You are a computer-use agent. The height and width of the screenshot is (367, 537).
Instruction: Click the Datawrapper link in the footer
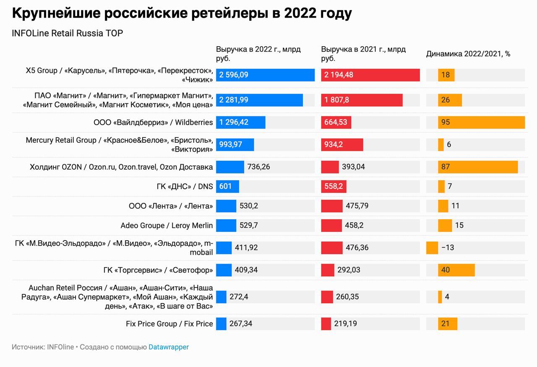tap(169, 347)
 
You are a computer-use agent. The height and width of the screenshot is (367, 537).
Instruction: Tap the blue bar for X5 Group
tap(265, 75)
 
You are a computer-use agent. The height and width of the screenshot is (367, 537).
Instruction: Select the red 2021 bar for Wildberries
tap(336, 123)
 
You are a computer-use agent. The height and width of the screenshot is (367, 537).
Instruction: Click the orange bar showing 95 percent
tap(481, 123)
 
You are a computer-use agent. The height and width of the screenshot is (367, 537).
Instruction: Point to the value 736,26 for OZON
tap(259, 167)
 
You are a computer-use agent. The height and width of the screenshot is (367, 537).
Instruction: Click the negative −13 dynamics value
tap(448, 248)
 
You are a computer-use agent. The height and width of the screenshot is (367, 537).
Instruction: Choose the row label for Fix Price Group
tap(169, 324)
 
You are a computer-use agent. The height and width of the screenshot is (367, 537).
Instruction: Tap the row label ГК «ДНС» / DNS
tap(185, 186)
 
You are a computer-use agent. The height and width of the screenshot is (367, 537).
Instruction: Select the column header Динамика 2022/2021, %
tap(468, 54)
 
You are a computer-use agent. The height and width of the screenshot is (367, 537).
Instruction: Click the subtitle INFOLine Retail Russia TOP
tap(68, 34)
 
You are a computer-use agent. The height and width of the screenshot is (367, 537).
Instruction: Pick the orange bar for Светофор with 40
tap(456, 270)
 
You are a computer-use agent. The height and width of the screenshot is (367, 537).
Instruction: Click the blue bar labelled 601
tap(227, 186)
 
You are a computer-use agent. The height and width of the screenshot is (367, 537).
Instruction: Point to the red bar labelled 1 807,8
tap(362, 100)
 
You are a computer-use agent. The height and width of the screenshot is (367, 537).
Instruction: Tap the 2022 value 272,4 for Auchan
tap(239, 297)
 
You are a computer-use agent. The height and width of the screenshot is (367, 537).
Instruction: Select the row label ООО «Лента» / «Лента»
tap(171, 206)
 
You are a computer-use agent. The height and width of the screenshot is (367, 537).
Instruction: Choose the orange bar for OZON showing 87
tap(478, 167)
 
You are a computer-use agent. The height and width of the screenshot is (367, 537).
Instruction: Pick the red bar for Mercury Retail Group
tap(342, 145)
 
